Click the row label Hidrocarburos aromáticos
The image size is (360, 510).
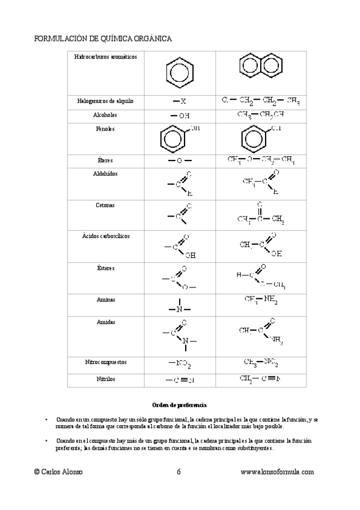[x=105, y=57]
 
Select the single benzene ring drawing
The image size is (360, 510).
[x=178, y=73]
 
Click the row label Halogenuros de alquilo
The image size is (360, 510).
[x=105, y=101]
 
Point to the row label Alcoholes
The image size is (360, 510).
[x=105, y=114]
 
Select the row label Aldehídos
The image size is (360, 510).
[x=105, y=173]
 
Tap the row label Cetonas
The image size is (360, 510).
[x=105, y=205]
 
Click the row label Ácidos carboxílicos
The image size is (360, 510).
[x=105, y=236]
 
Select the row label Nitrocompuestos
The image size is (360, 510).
[x=105, y=363]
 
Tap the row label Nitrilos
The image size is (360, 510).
[x=105, y=379]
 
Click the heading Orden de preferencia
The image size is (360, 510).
[x=179, y=404]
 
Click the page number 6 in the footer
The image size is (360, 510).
[x=179, y=472]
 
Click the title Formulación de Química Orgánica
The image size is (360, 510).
[x=103, y=38]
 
